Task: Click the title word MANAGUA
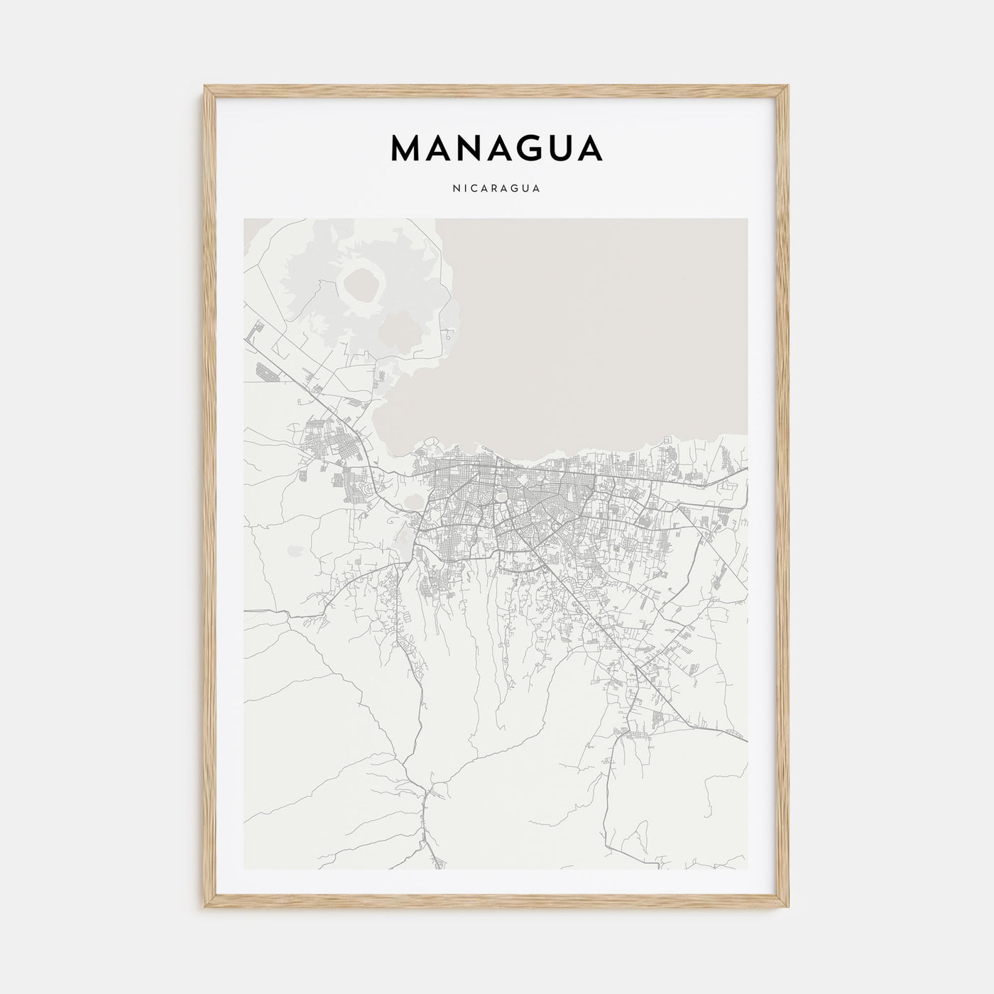(x=496, y=148)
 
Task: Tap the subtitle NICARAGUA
(x=496, y=189)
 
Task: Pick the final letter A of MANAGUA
(x=589, y=148)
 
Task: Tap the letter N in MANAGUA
(x=477, y=148)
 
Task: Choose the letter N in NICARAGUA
(x=454, y=189)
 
